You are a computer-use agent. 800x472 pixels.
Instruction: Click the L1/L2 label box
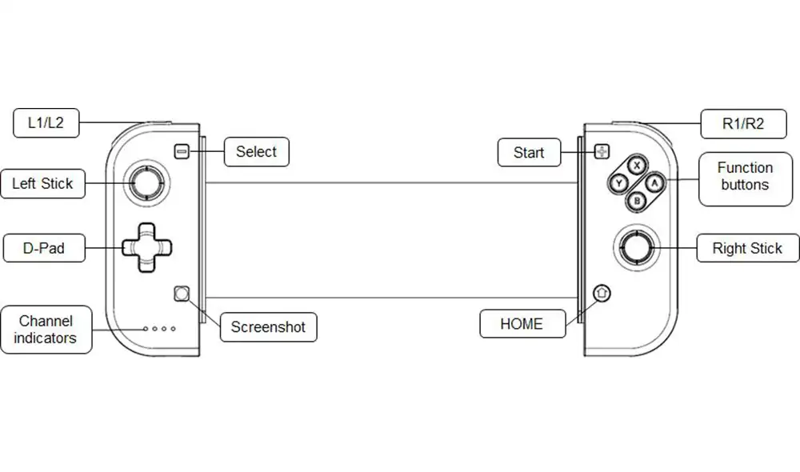[x=46, y=123]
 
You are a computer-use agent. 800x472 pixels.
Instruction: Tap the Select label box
[x=257, y=151]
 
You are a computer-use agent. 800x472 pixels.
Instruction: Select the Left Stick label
[x=43, y=184]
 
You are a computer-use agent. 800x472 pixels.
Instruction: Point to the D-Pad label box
[x=44, y=248]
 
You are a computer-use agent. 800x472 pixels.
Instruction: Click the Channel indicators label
[x=46, y=330]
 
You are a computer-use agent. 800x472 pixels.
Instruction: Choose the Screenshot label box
[x=268, y=327]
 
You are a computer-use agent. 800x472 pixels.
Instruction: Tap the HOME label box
[x=522, y=323]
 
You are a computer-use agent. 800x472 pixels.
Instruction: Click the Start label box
[x=529, y=152]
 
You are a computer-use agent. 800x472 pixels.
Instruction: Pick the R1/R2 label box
[x=743, y=123]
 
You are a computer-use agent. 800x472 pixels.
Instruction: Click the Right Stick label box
[x=747, y=248]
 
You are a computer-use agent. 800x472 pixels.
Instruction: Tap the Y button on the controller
[x=619, y=183]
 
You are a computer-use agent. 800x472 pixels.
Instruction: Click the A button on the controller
[x=654, y=182]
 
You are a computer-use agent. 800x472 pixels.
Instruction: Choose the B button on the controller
[x=637, y=201]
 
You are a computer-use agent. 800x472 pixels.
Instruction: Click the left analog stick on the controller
[x=146, y=182]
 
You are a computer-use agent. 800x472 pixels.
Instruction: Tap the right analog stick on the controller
[x=637, y=247]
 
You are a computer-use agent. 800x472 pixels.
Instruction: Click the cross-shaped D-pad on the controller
[x=147, y=247]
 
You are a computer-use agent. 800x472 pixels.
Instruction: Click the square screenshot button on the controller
[x=182, y=294]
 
